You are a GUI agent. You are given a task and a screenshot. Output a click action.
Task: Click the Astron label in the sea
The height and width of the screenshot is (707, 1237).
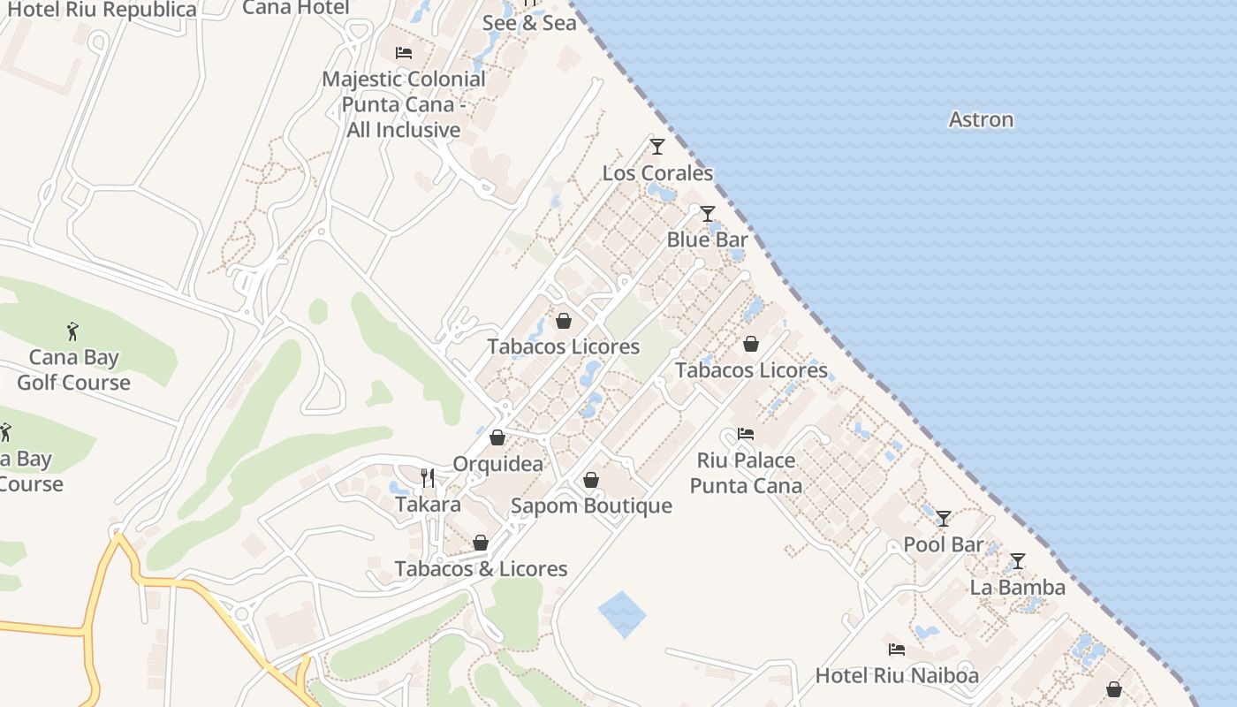point(981,119)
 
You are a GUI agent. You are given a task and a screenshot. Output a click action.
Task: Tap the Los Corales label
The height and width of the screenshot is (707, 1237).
point(657,172)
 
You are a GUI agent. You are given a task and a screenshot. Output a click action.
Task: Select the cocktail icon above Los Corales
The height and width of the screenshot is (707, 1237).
point(656,146)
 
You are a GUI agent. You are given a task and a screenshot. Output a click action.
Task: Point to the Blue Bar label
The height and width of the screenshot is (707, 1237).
point(707,239)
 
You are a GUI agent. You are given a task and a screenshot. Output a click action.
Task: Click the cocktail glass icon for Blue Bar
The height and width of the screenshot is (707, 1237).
point(707,214)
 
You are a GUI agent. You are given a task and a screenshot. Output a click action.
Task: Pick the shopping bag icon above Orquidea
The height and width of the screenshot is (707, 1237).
point(497,437)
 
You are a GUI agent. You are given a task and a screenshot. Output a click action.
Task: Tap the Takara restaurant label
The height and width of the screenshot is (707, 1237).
point(428,505)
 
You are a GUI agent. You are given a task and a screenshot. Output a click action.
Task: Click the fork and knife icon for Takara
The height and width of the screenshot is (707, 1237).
point(428,478)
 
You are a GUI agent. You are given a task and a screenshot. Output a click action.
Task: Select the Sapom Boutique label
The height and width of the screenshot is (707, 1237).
point(591,506)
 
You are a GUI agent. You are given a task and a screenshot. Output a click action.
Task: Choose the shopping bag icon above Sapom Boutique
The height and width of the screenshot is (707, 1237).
point(591,480)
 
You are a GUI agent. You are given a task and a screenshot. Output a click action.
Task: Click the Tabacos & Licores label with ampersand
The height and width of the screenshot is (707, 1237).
point(481,568)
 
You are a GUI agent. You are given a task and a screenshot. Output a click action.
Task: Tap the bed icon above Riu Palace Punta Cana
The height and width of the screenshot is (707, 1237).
point(746,434)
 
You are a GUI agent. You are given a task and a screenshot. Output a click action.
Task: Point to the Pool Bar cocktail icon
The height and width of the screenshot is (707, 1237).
point(944,518)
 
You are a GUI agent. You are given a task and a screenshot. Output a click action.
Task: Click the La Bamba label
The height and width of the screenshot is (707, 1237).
point(1017,587)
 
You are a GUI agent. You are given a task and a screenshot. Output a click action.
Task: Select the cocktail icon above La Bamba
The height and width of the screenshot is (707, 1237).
point(1017,561)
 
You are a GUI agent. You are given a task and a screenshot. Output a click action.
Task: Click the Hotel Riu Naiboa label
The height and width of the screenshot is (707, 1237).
point(897,675)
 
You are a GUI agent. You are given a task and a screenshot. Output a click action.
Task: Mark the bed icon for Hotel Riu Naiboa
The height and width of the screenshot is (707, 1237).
point(897,650)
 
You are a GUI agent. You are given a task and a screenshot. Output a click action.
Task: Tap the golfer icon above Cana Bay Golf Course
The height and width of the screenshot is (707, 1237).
point(73,332)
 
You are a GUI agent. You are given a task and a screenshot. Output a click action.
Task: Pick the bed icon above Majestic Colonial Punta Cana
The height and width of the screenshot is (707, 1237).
point(404,53)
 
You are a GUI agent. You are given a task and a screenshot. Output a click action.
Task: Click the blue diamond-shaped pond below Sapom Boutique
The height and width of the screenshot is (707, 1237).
point(622,614)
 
